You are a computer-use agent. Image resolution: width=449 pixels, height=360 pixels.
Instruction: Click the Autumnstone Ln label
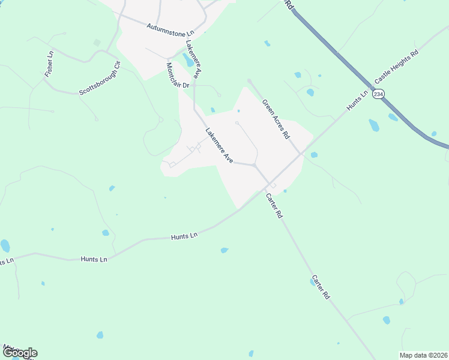coord(171,29)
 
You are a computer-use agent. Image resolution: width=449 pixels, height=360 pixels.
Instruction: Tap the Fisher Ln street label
coord(49,64)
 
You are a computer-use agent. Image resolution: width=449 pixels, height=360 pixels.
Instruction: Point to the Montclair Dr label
coord(178,76)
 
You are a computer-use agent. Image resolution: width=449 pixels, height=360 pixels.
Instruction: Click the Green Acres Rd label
coord(276,118)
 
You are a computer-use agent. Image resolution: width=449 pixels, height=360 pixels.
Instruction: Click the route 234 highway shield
coord(378,95)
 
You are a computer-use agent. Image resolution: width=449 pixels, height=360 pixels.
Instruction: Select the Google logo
coord(19,353)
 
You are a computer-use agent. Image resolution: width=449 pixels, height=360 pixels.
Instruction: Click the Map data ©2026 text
coord(423,355)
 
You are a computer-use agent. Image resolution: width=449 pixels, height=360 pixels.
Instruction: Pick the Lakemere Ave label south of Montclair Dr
coord(219,146)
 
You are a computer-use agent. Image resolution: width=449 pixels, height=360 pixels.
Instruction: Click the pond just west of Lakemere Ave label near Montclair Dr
coord(188,60)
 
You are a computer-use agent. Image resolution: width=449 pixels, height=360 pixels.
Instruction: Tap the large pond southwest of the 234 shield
coord(374,125)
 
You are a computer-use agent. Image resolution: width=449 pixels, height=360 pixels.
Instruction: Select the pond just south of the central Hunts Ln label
coord(224,250)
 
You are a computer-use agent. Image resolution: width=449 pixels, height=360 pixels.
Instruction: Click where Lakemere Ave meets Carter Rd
coord(255,164)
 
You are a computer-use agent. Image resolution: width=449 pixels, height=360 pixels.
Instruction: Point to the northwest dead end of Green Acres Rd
coord(249,80)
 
